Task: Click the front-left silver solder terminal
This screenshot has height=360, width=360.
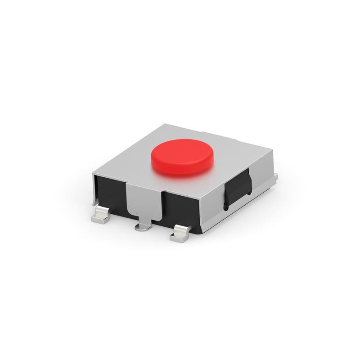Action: pos(102,216)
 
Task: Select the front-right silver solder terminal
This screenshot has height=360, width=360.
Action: pos(181,234)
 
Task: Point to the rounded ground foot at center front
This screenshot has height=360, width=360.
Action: pos(143,227)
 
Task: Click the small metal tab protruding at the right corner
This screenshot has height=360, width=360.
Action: pos(275,176)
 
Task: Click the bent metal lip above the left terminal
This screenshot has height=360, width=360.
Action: pos(95,198)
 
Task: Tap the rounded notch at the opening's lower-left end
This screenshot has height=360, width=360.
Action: pos(226,207)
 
